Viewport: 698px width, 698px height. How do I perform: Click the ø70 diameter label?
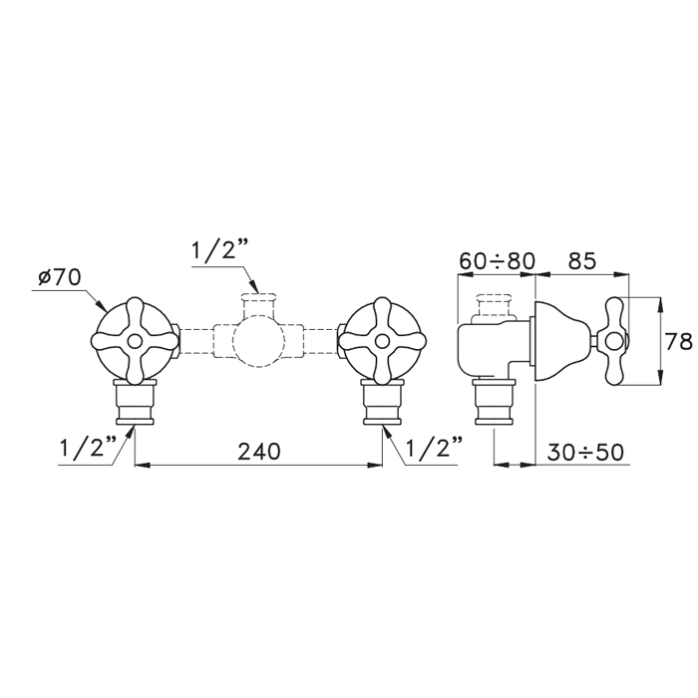pyautogui.click(x=59, y=278)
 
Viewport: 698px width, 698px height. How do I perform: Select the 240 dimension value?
pyautogui.click(x=259, y=452)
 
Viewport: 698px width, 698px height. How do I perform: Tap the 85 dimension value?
pyautogui.click(x=581, y=261)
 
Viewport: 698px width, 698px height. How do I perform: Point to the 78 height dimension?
pyautogui.click(x=679, y=341)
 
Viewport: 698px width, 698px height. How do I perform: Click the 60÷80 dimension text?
pyautogui.click(x=497, y=261)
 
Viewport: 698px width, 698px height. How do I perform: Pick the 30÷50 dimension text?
pyautogui.click(x=585, y=453)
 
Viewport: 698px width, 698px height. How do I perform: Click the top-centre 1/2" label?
pyautogui.click(x=214, y=252)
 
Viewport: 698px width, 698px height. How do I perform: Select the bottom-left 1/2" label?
pyautogui.click(x=88, y=449)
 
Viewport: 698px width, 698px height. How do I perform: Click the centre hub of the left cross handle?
pyautogui.click(x=134, y=341)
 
